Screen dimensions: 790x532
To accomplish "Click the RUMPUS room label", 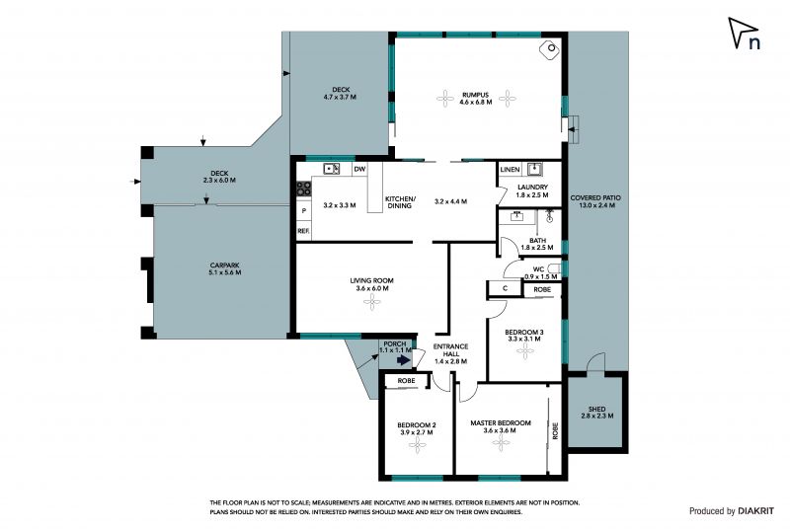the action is pos(475,94).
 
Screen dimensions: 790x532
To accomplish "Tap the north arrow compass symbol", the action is pos(745,34).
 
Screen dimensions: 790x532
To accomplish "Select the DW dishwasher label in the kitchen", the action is pos(359,169).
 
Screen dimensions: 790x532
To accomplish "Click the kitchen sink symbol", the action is pos(331,169).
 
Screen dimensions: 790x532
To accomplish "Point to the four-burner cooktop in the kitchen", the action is pos(303,189).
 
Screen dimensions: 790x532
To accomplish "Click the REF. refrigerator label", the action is pos(303,231).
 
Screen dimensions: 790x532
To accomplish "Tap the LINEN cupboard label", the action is pos(510,170).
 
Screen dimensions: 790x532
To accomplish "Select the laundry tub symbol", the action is pos(534,168).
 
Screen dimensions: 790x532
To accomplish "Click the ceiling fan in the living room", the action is pos(372,302).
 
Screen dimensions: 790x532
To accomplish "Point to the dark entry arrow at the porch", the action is pos(404,360).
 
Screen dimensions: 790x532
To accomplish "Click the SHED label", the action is pos(597,409).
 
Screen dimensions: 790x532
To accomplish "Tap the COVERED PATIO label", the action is pos(595,198).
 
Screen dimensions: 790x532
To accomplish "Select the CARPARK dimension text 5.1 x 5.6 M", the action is pos(225,272).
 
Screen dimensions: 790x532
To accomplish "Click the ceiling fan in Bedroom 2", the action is pos(417,445).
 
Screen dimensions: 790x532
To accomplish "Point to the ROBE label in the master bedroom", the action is pos(555,430).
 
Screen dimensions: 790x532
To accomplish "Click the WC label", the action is pos(538,269).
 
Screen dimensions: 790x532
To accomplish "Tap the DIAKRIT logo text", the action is pos(755,511).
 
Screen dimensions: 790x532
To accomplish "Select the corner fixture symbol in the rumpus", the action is pos(550,49).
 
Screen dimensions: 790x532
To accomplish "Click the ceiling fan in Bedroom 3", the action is pos(525,351).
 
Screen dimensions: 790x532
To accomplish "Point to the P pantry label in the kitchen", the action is pos(304,211).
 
